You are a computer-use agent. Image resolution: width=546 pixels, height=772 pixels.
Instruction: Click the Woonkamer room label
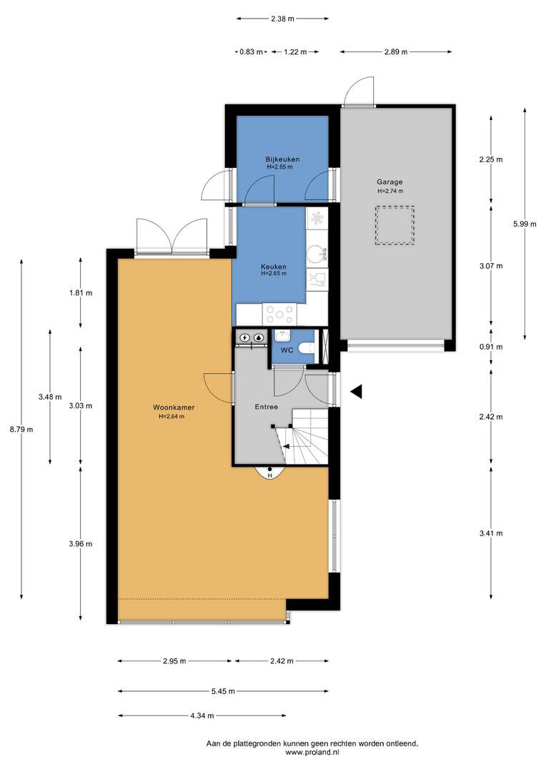[173, 407]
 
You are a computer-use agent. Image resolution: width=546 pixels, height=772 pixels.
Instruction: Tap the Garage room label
[390, 182]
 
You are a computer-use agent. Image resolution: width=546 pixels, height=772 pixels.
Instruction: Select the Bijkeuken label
[282, 159]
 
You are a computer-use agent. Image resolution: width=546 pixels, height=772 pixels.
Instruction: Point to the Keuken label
[273, 267]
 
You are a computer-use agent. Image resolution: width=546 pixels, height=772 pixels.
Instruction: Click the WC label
[287, 350]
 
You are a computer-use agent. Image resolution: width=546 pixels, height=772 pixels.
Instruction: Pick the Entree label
[267, 407]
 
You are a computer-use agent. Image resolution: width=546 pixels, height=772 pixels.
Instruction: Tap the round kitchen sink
[315, 254]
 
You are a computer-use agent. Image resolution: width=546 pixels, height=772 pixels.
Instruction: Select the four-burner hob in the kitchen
[279, 314]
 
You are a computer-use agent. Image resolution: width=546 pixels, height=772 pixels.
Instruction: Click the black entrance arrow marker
[357, 392]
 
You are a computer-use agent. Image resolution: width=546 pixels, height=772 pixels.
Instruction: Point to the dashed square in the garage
[395, 225]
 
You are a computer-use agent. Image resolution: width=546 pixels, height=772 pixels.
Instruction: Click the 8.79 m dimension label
[21, 429]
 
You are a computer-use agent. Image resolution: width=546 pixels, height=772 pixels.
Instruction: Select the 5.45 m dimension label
[223, 691]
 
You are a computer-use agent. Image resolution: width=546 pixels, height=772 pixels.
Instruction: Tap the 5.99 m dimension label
[525, 224]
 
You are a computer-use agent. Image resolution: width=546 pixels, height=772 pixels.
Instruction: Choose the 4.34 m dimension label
[202, 716]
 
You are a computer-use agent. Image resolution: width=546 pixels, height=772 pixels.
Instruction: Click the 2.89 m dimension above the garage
[396, 51]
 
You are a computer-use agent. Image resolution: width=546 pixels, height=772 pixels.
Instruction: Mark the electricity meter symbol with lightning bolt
[244, 337]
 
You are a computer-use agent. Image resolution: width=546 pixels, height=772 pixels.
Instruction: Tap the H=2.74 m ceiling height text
[390, 191]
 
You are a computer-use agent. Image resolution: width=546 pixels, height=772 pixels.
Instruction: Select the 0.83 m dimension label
[251, 51]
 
